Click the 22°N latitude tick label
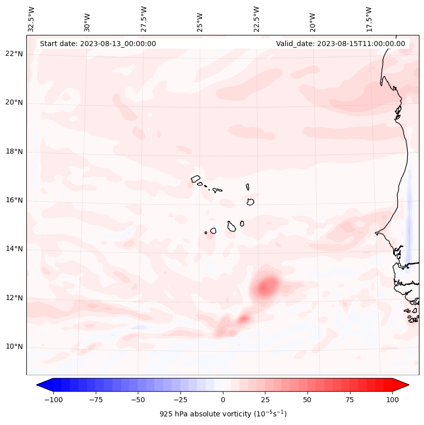(x=14, y=54)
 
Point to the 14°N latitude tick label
(x=14, y=249)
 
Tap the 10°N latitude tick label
(x=14, y=347)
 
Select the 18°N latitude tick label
(x=14, y=152)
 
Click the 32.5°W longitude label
(x=31, y=19)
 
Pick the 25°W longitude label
(x=201, y=19)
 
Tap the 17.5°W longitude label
(x=369, y=19)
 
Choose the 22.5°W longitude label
(x=257, y=19)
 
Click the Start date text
(x=98, y=44)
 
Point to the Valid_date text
(x=340, y=44)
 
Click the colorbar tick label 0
(x=223, y=400)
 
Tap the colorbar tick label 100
(x=392, y=400)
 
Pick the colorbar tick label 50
(x=307, y=400)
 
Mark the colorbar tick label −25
(x=180, y=400)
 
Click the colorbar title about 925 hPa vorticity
(x=223, y=414)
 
